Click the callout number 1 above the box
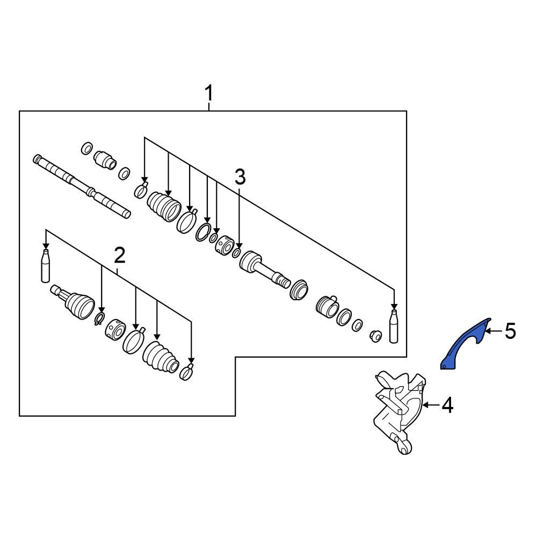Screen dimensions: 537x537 [209, 93]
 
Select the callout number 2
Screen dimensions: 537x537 [119, 255]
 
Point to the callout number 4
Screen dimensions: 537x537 [447, 406]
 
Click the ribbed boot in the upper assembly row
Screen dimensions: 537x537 [164, 206]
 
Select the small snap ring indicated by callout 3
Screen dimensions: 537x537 [236, 252]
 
